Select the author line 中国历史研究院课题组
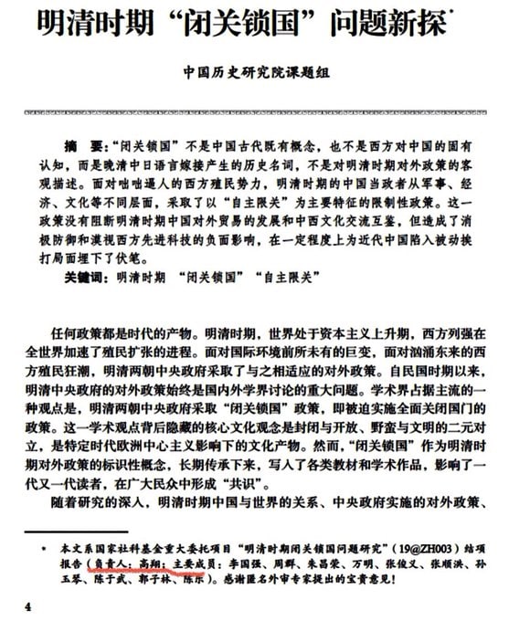point(264,77)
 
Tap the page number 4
point(28,606)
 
